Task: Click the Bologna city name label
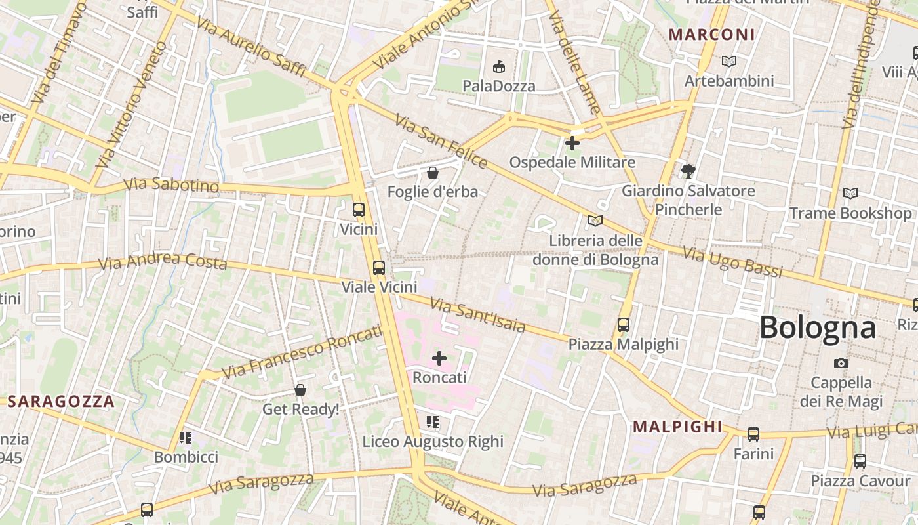click(x=818, y=327)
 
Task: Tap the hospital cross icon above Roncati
click(x=439, y=358)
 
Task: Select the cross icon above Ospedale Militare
click(x=572, y=142)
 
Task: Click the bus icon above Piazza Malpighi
click(x=623, y=324)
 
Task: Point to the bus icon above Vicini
click(x=359, y=210)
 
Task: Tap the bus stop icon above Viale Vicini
click(x=379, y=267)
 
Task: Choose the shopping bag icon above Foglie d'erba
click(x=433, y=173)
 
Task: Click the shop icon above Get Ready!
click(x=300, y=390)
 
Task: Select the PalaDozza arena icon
click(x=499, y=66)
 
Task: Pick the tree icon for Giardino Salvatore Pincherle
click(x=688, y=171)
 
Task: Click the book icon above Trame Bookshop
click(x=850, y=194)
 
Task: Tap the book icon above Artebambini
click(x=728, y=61)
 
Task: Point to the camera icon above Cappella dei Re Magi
click(x=841, y=363)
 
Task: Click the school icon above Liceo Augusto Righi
click(x=433, y=421)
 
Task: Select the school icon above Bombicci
click(x=186, y=437)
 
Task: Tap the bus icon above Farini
click(x=753, y=434)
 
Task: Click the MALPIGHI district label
click(x=677, y=427)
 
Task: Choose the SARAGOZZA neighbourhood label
click(x=60, y=402)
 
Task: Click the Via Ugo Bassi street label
click(x=732, y=262)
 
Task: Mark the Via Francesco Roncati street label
click(x=301, y=352)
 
